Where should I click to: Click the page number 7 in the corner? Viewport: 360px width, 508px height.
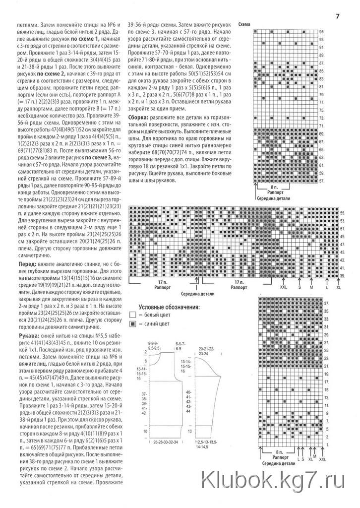pos(338,16)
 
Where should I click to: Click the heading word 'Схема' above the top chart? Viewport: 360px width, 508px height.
pos(244,24)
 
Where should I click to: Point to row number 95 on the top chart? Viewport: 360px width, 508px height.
pos(322,31)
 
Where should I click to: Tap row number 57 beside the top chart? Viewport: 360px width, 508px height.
pos(322,181)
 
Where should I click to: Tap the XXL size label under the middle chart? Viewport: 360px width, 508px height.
pos(283,287)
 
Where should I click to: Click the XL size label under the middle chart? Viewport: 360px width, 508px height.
pos(339,287)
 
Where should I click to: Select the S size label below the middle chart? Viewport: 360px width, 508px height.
pos(300,287)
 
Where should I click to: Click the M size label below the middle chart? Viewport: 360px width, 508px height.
pos(311,287)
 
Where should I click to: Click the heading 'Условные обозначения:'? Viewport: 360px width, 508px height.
pos(169,307)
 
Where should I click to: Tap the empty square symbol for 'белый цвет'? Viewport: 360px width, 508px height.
pos(132,315)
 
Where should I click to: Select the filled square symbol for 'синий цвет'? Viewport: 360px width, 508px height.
pos(132,324)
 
